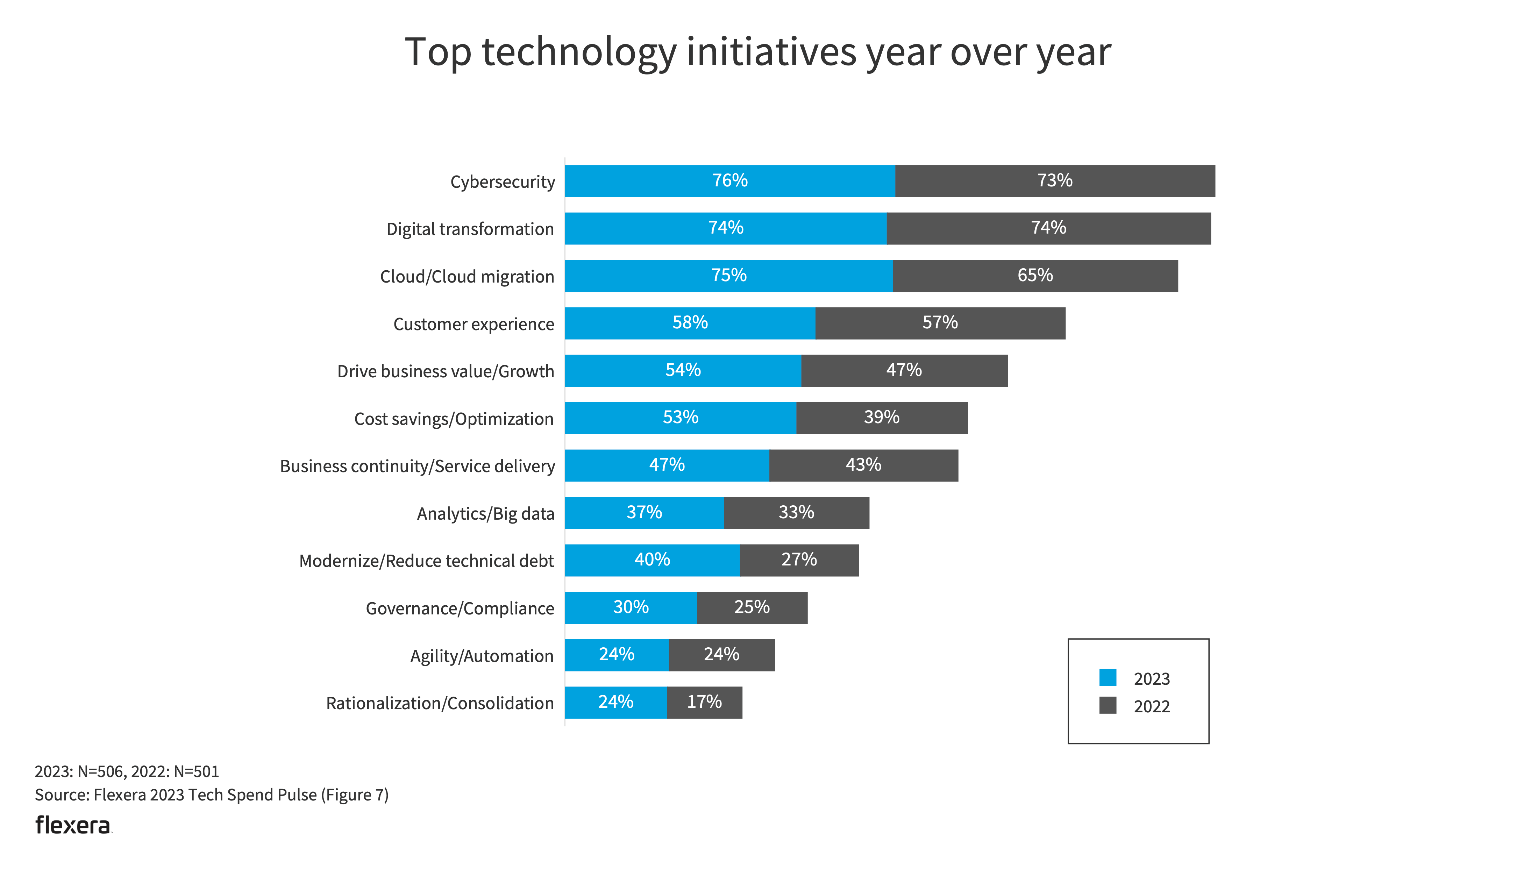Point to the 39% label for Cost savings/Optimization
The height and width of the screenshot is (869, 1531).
[881, 417]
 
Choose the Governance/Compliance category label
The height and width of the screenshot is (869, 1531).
[460, 608]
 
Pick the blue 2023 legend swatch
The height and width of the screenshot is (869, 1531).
[1108, 677]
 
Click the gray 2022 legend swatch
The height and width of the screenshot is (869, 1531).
[1108, 705]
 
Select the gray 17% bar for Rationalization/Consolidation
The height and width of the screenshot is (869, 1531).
[704, 703]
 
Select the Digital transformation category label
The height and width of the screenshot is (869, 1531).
[470, 229]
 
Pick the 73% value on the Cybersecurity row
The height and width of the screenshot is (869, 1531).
[1054, 180]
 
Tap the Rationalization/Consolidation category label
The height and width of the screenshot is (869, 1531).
[439, 703]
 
